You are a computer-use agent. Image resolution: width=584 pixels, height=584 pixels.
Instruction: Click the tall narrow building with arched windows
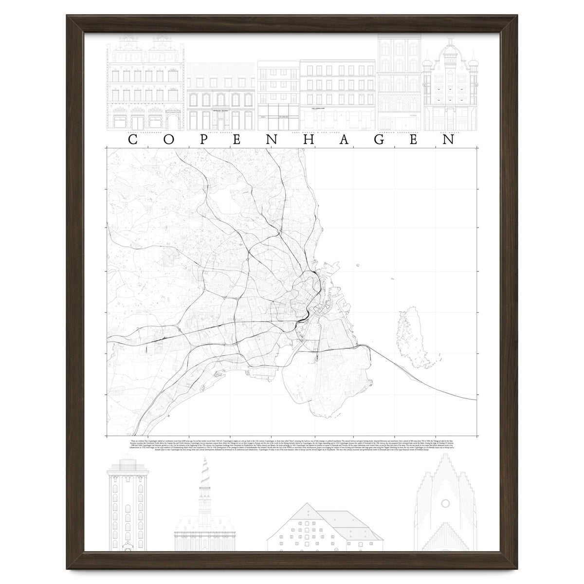tap(399, 83)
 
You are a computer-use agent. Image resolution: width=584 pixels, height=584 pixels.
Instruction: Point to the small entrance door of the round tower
tap(128, 547)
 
